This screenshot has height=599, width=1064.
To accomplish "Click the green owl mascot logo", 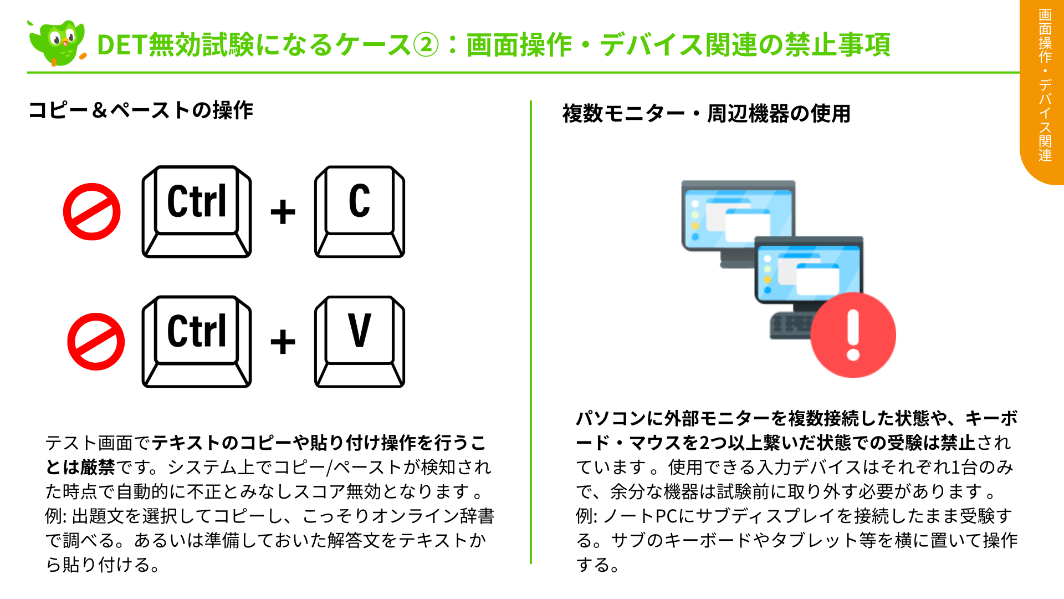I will pyautogui.click(x=57, y=43).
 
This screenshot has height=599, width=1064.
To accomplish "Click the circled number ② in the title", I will pyautogui.click(x=426, y=45).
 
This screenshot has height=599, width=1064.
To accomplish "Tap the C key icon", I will pyautogui.click(x=360, y=211).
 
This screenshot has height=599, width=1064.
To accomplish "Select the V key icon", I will pyautogui.click(x=360, y=341).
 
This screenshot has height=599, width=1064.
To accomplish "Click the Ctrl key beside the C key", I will pyautogui.click(x=197, y=211).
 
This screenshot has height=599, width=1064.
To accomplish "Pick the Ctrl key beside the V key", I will pyautogui.click(x=197, y=341).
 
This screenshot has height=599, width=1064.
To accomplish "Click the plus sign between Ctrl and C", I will pyautogui.click(x=283, y=212).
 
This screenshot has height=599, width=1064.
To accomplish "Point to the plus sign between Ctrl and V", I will pyautogui.click(x=283, y=342).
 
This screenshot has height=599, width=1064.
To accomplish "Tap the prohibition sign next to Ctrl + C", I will pyautogui.click(x=92, y=212).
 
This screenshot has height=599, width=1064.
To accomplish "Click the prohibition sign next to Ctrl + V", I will pyautogui.click(x=96, y=342).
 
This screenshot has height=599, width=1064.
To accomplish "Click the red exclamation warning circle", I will pyautogui.click(x=853, y=335).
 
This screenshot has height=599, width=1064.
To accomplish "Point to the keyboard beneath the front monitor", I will pyautogui.click(x=790, y=326).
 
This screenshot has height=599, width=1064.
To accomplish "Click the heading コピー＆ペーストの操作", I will pyautogui.click(x=141, y=110).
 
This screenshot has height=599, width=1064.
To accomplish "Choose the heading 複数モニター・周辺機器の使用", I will pyautogui.click(x=706, y=114).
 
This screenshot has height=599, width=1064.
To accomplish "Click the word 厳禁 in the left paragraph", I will pyautogui.click(x=98, y=467).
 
